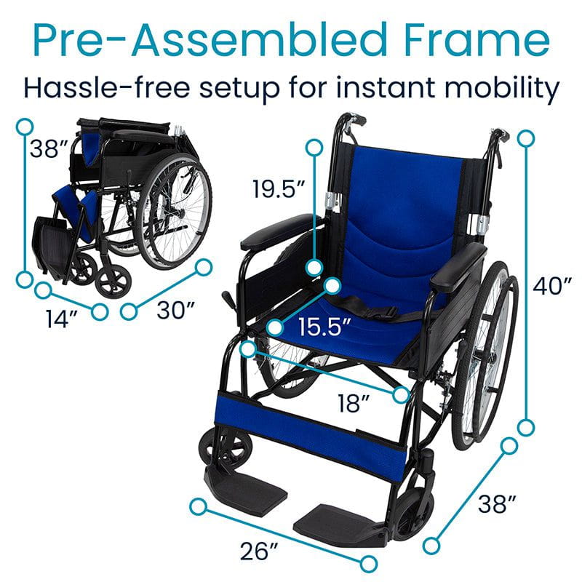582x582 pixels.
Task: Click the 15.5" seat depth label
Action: (322, 327)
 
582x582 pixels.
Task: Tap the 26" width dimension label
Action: (258, 551)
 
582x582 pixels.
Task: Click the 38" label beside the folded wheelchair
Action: (46, 149)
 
